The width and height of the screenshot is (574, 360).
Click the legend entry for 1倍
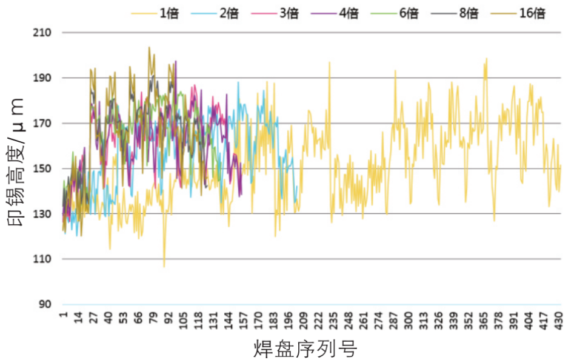tap(155, 13)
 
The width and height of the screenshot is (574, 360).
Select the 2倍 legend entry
tap(215, 13)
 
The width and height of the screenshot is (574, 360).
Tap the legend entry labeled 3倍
tap(275, 13)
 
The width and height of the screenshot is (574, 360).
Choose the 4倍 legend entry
tap(335, 13)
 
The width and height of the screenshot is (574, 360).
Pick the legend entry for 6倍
tap(395, 13)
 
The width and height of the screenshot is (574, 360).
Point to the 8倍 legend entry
tap(455, 13)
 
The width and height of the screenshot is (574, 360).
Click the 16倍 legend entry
tap(518, 13)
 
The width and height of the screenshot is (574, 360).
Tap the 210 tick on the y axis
tap(42, 33)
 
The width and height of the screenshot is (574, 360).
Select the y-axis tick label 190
tap(42, 78)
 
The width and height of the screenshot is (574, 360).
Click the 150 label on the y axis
tap(42, 168)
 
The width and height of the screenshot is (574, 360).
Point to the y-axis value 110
tap(42, 259)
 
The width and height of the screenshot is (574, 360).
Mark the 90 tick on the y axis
tap(45, 304)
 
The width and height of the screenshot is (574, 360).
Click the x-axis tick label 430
tap(559, 321)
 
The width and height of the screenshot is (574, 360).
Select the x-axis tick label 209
tap(304, 321)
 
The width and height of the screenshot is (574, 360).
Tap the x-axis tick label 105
tap(184, 321)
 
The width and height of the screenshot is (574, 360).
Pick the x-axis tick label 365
tap(484, 321)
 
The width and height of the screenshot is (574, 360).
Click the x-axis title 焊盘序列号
tap(305, 348)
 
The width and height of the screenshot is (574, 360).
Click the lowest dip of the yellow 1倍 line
tap(164, 267)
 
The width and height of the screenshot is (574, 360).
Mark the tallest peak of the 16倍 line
tap(149, 47)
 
